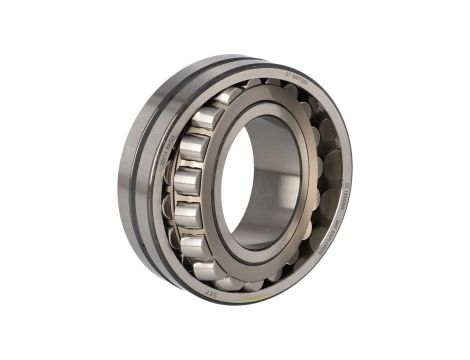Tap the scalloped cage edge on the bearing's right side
pos(318,180)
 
